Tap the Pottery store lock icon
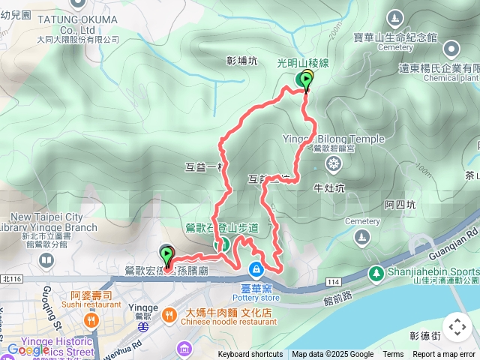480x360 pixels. (256, 268)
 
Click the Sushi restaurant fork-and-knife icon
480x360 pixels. (91, 321)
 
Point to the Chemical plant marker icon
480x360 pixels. (451, 49)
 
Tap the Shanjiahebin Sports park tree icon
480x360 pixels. (374, 273)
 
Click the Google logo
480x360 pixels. (28, 349)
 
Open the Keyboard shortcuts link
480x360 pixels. (250, 355)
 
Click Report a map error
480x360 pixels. (444, 355)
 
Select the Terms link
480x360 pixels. (393, 355)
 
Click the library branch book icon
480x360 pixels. (46, 261)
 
